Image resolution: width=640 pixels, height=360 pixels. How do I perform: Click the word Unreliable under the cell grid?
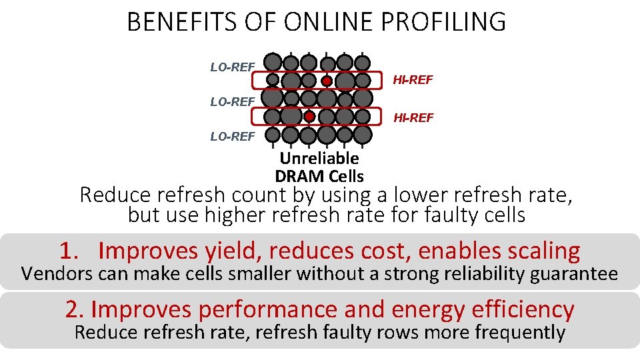click(319, 159)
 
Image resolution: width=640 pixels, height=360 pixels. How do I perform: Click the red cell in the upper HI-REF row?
click(327, 81)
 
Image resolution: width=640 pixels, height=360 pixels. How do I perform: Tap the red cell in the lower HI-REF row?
click(309, 117)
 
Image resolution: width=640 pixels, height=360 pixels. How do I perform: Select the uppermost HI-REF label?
click(413, 80)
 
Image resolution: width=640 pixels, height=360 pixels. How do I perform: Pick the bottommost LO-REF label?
click(233, 137)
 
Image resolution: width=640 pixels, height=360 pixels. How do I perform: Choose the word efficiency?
click(522, 309)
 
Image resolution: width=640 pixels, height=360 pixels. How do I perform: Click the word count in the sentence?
click(256, 196)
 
